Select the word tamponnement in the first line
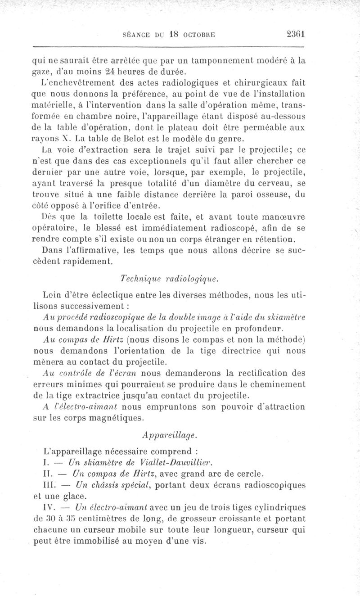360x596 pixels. (x=224, y=59)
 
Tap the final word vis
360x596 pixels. (x=198, y=541)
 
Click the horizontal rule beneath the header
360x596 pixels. (x=169, y=46)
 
